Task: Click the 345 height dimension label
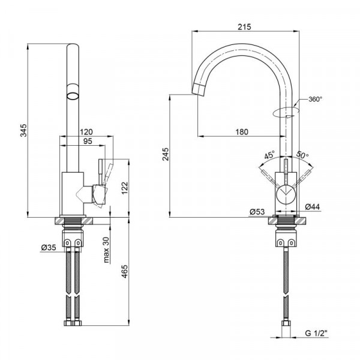click(23, 130)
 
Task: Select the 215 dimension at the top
click(244, 27)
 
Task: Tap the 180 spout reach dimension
click(242, 132)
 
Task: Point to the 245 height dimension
click(166, 154)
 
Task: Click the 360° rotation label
click(315, 99)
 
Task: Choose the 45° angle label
click(269, 155)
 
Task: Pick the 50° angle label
click(302, 155)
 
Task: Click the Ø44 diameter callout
click(313, 206)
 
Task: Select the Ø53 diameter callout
click(257, 212)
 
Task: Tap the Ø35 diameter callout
click(49, 247)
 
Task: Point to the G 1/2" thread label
click(316, 333)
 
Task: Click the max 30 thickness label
click(106, 250)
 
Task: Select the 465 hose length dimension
click(124, 272)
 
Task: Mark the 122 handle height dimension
click(124, 188)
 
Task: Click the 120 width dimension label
click(86, 132)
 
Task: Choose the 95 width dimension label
click(88, 141)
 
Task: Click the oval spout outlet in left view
click(73, 96)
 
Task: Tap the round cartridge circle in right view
click(286, 195)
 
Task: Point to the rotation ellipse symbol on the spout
click(286, 113)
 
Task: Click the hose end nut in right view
click(286, 323)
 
